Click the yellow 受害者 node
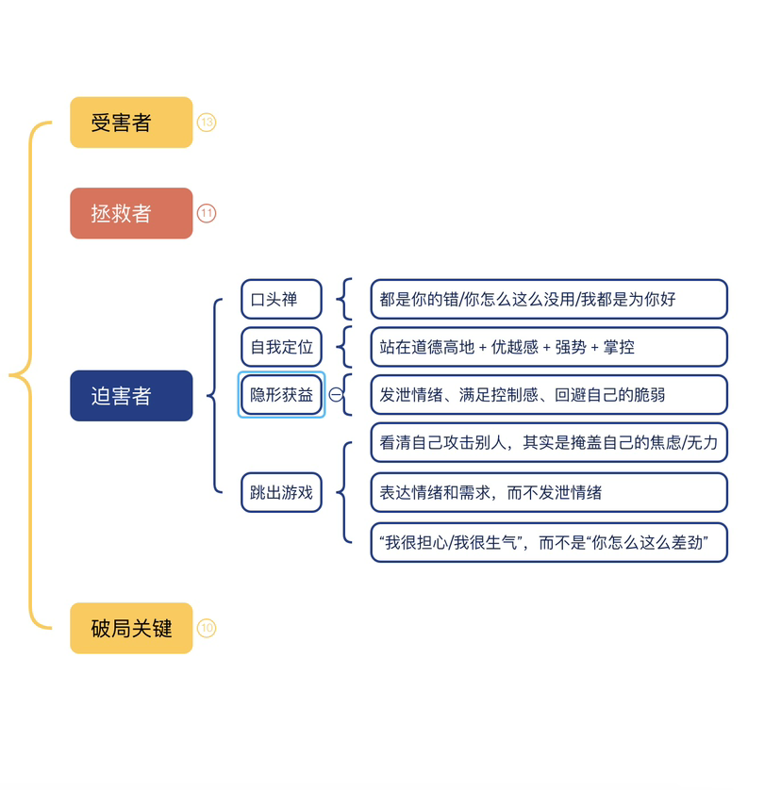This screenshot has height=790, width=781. (131, 123)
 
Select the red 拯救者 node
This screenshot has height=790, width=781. (131, 213)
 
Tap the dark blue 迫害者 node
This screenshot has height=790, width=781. (131, 396)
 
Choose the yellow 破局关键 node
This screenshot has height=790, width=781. (131, 628)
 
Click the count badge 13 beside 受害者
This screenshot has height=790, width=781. (207, 123)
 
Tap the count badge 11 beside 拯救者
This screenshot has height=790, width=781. (207, 213)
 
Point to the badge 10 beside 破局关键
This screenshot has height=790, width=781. (207, 628)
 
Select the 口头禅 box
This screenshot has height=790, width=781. (281, 300)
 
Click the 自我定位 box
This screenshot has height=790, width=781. (281, 347)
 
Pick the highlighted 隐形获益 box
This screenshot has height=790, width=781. (281, 395)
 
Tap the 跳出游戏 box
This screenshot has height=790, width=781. (281, 492)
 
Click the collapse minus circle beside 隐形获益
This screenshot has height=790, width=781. (335, 395)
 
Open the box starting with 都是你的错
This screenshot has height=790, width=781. (548, 300)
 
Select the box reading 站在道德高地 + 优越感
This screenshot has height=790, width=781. (548, 347)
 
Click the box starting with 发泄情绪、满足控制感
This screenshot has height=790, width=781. (548, 395)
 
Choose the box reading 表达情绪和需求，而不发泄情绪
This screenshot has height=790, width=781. (548, 492)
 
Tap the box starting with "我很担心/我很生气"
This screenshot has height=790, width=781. (548, 542)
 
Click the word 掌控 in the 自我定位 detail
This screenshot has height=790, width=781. (621, 347)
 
